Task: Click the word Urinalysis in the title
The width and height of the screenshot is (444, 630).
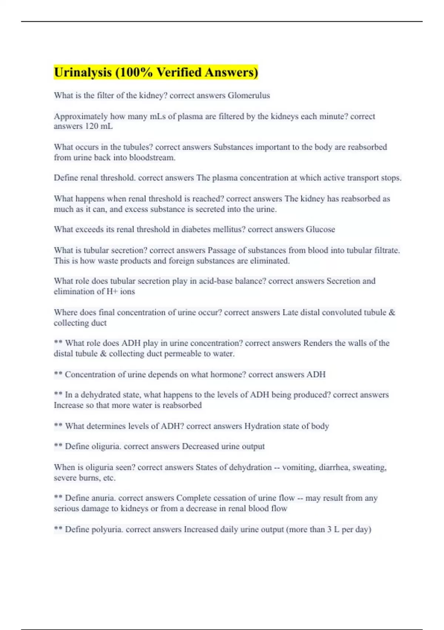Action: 83,72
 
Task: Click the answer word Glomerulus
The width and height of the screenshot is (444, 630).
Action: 249,96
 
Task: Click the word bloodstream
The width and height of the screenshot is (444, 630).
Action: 152,157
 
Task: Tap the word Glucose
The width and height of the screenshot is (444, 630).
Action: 320,229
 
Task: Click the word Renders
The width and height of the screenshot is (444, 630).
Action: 317,343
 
